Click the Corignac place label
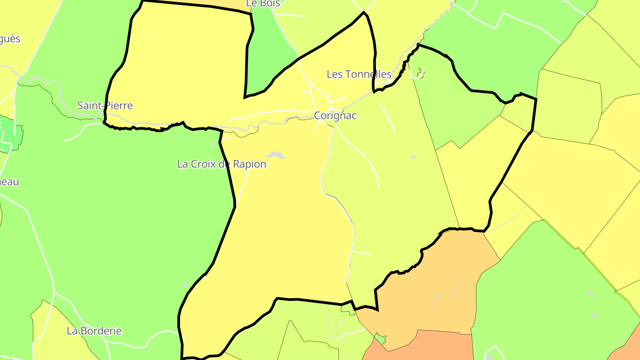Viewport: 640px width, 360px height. click(335, 116)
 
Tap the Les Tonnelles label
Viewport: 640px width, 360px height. click(359, 74)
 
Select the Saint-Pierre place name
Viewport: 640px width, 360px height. click(105, 106)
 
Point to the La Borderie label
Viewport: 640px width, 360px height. click(94, 331)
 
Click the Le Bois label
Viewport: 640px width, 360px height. click(263, 4)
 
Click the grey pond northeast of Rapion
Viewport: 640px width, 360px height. click(276, 155)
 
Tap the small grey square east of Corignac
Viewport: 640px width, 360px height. click(413, 157)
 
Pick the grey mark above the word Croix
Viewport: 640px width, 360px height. click(213, 144)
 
